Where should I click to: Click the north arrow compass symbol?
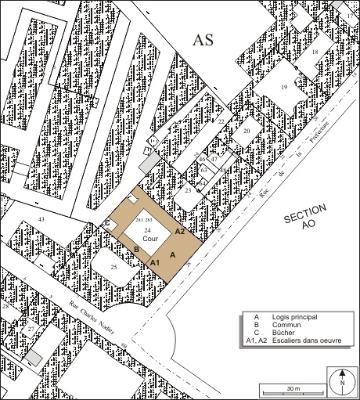pyautogui.click(x=342, y=381)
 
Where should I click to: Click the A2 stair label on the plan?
pyautogui.click(x=180, y=232)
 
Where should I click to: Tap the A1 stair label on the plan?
pyautogui.click(x=155, y=261)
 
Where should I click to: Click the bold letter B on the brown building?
pyautogui.click(x=136, y=250)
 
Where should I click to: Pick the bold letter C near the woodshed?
pyautogui.click(x=106, y=223)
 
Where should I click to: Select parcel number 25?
pyautogui.click(x=113, y=268)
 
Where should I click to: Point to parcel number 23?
pyautogui.click(x=189, y=189)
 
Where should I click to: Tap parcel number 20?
pyautogui.click(x=246, y=132)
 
